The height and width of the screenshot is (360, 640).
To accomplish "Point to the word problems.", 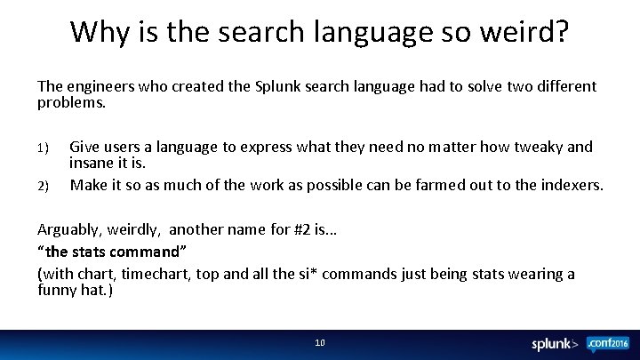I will coord(71,102).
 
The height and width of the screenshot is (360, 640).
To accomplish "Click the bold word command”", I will coord(158,252).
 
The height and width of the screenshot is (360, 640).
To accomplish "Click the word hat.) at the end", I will coord(96,290).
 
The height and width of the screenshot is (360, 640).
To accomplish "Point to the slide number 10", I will coord(320,342).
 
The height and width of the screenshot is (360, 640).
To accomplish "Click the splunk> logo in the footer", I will coord(555,343).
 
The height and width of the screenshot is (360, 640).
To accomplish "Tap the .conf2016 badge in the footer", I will coord(608,343).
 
